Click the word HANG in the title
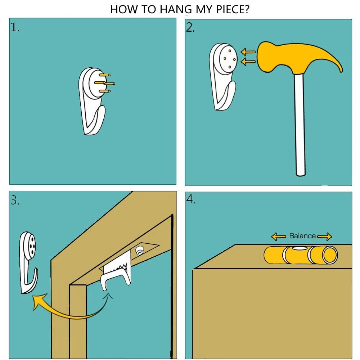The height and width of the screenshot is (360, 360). [176, 9]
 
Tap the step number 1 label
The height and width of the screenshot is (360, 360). [15, 27]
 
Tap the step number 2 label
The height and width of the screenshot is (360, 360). [190, 27]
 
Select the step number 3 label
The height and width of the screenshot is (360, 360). [15, 200]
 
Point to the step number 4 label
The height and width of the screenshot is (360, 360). [191, 199]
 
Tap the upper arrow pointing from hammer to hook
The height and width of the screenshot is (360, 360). [248, 52]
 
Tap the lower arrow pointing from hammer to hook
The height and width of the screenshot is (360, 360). [248, 62]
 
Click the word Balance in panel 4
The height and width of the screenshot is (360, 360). [302, 236]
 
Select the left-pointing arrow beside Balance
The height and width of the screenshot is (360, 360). [279, 236]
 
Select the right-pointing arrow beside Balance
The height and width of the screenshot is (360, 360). [325, 236]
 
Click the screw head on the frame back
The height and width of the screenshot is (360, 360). [139, 251]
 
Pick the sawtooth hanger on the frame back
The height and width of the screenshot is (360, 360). [117, 266]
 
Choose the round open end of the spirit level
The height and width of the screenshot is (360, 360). [330, 255]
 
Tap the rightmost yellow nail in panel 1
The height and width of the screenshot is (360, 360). [110, 84]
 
